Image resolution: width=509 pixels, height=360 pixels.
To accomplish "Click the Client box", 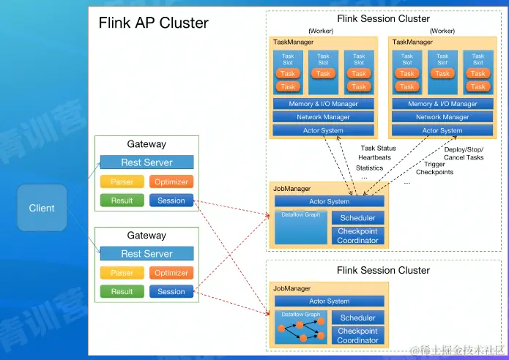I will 42,208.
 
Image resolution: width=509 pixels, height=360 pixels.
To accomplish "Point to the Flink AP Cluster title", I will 154,23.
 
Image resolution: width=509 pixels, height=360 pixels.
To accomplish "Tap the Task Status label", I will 377,149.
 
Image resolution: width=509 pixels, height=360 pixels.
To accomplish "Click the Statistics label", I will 369,168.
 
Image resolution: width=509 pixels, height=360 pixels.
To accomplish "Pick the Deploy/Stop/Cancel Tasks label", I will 464,153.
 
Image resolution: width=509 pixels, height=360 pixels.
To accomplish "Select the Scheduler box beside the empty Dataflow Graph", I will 357,218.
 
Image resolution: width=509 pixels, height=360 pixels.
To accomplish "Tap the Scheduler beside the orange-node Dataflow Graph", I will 357,318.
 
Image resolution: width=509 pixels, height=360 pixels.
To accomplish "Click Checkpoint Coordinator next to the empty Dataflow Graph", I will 357,236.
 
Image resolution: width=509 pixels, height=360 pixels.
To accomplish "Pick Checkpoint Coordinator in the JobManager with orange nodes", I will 357,336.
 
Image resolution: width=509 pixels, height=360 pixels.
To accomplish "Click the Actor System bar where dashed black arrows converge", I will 329,201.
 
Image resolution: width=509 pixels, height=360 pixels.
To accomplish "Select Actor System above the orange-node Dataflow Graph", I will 329,301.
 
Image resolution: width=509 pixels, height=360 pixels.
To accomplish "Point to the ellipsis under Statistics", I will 364,177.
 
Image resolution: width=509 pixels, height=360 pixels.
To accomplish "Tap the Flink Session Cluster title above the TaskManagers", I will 383,18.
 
